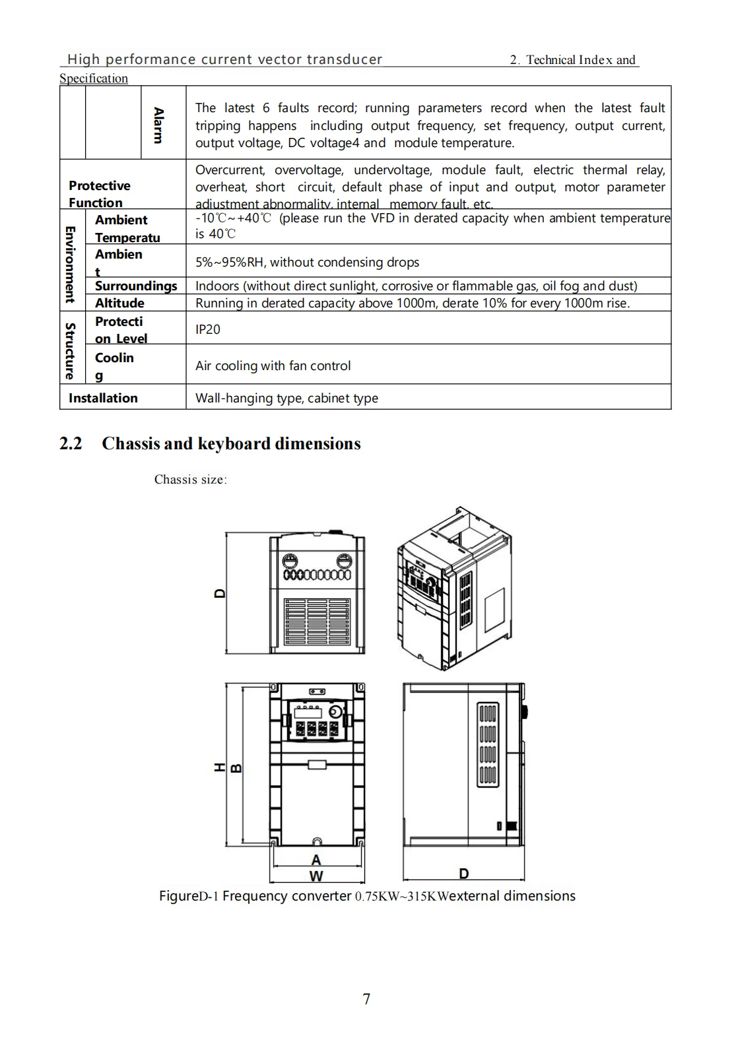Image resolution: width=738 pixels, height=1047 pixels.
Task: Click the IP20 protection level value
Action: click(x=208, y=329)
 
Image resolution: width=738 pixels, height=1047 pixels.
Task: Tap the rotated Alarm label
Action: click(x=158, y=125)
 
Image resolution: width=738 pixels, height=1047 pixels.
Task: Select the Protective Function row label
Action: click(x=99, y=194)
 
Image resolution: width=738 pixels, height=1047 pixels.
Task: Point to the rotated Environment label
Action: click(x=69, y=264)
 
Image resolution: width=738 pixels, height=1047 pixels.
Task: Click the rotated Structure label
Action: click(x=69, y=350)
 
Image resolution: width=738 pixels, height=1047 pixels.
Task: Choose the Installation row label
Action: click(x=103, y=398)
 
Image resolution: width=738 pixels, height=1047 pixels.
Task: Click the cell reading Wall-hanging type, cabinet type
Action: click(x=286, y=398)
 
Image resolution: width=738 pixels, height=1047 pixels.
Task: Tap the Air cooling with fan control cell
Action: click(x=273, y=365)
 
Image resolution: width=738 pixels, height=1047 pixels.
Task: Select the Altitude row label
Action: click(x=119, y=303)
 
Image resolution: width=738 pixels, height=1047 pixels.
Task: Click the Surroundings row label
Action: click(x=136, y=286)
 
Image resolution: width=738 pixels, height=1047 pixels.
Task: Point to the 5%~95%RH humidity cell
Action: click(x=307, y=262)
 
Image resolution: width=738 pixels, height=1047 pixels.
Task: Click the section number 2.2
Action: click(x=71, y=443)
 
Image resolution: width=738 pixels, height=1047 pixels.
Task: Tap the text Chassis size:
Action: click(x=190, y=480)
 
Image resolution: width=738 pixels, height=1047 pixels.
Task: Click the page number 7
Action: click(x=367, y=999)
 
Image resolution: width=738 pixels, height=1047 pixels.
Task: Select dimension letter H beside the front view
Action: click(x=220, y=767)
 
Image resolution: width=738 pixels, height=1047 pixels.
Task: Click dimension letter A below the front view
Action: click(x=316, y=860)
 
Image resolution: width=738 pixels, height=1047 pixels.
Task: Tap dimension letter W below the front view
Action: click(x=316, y=876)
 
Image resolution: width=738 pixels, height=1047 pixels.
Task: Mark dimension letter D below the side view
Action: click(x=463, y=873)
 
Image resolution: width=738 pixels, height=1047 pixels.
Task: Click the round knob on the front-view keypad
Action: click(x=336, y=713)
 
